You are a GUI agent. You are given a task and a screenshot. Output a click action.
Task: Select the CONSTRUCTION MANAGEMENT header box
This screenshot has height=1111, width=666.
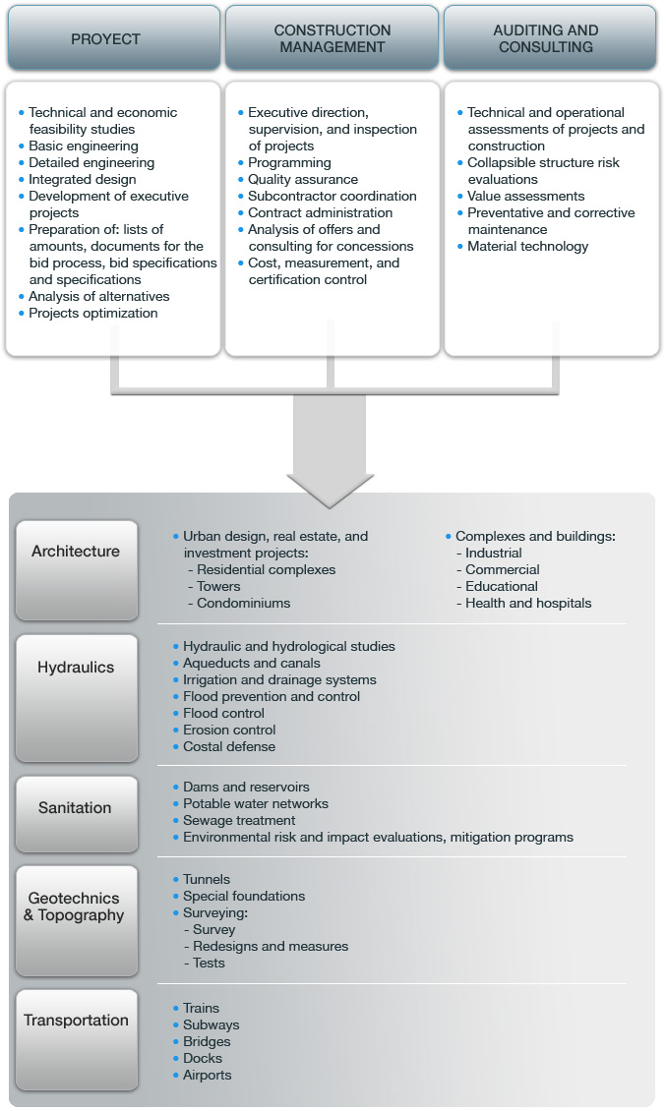pos(332,39)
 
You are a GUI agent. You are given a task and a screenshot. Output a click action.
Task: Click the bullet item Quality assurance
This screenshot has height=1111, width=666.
pos(303,179)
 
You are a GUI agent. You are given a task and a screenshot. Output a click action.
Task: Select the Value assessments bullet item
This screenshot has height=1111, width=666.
pos(525,196)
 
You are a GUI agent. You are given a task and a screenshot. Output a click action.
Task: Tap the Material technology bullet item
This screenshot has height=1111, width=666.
pos(527,246)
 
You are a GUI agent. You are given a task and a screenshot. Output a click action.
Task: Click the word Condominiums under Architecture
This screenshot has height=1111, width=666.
pos(243,603)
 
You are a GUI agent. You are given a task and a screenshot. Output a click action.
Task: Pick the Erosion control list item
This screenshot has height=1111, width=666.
pos(229,730)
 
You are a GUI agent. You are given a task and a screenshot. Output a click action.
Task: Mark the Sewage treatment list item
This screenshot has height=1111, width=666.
pos(239,820)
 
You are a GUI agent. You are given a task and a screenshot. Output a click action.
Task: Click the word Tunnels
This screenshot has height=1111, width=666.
pos(207,879)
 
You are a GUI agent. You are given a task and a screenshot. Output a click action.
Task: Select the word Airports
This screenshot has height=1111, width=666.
pos(207,1075)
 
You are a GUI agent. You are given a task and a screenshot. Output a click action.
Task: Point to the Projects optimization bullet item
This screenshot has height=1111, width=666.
pos(92,313)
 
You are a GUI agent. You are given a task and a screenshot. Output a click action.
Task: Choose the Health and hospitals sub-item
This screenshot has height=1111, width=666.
pos(528,603)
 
